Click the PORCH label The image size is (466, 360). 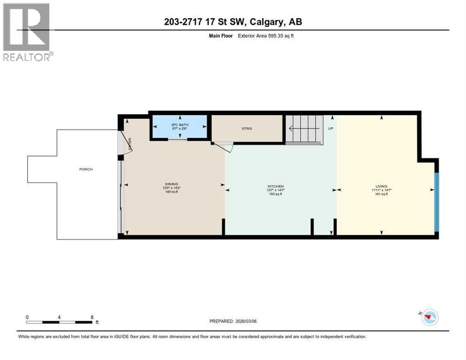(x=86, y=169)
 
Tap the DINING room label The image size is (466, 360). (x=171, y=184)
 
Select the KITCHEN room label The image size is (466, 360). (x=275, y=186)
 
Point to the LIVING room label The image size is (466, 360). (x=382, y=186)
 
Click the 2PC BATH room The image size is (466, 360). (x=180, y=127)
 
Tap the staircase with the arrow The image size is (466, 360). (x=304, y=128)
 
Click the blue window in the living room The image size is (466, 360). (x=436, y=202)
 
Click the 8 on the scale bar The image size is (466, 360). (x=92, y=317)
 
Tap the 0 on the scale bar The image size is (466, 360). (x=27, y=317)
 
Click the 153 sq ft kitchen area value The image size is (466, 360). (x=275, y=194)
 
